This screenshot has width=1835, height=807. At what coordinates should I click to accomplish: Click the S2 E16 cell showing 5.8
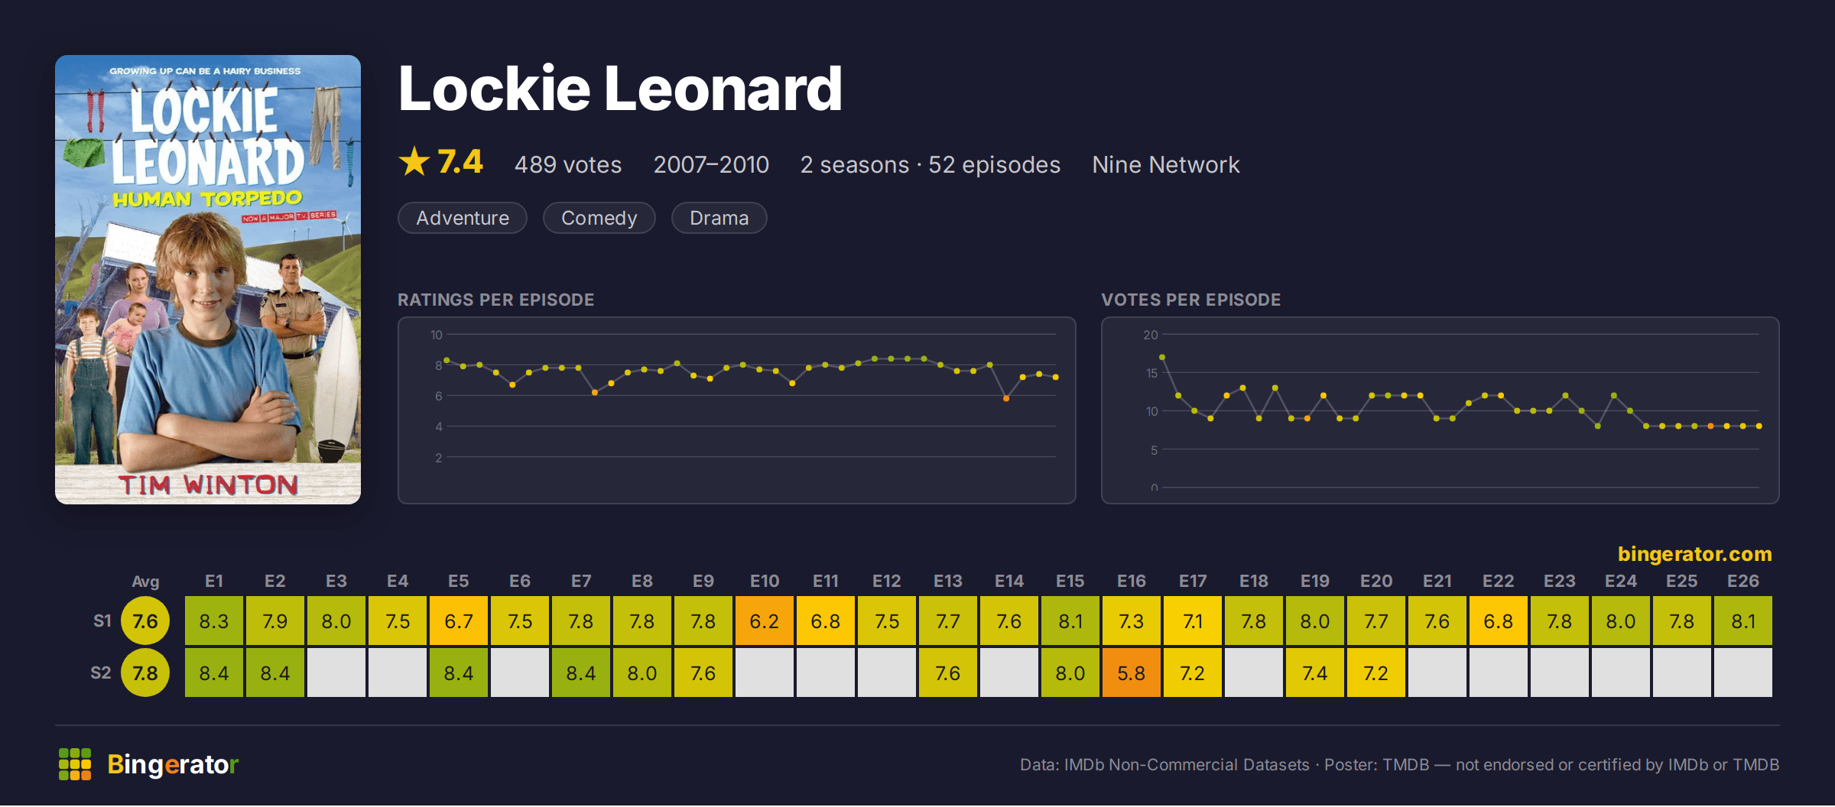[x=1131, y=672]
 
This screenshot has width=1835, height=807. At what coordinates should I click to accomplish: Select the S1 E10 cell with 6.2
[x=764, y=621]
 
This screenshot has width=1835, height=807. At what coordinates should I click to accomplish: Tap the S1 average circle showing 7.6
[x=145, y=621]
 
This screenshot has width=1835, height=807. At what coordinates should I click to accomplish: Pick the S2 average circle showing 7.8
[x=145, y=672]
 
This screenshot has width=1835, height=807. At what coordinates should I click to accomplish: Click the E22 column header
[x=1498, y=581]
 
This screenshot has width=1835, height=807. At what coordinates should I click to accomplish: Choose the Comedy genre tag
[x=599, y=218]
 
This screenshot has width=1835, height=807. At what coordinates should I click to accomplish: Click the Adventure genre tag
[x=463, y=218]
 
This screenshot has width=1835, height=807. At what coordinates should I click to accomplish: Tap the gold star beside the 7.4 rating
[x=414, y=161]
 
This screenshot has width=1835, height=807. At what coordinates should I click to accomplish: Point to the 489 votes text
[x=568, y=164]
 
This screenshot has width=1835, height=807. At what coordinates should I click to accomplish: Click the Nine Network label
[x=1166, y=164]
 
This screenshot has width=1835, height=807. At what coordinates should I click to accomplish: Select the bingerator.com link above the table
[x=1694, y=553]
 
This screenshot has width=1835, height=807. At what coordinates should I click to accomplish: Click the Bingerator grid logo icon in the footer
[x=75, y=764]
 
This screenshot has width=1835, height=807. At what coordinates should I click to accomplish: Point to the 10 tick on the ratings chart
[x=437, y=335]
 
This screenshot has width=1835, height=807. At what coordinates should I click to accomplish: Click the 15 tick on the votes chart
[x=1151, y=373]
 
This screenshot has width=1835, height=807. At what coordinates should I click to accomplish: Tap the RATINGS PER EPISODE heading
[x=495, y=300]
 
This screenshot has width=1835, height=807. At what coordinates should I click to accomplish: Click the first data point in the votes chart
[x=1162, y=357]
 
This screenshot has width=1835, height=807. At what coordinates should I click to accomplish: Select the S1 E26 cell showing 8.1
[x=1742, y=621]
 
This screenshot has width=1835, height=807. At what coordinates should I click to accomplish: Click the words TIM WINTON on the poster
[x=208, y=485]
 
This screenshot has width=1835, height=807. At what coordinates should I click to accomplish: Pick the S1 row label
[x=102, y=621]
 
